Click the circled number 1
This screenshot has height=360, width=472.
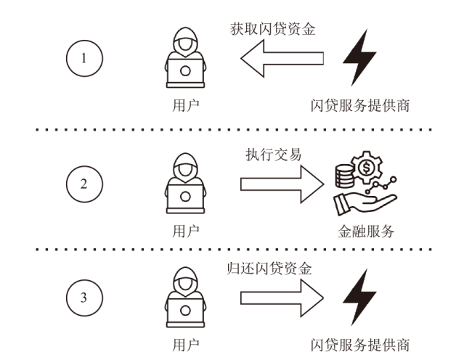pyautogui.click(x=84, y=58)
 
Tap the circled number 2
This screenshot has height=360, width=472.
pyautogui.click(x=84, y=184)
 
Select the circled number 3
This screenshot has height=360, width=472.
pyautogui.click(x=84, y=298)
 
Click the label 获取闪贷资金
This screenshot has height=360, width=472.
pyautogui.click(x=273, y=30)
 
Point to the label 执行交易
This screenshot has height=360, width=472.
pyautogui.click(x=273, y=155)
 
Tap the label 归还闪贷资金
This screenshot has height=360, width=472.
pyautogui.click(x=269, y=269)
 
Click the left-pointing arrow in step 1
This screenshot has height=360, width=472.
pyautogui.click(x=282, y=58)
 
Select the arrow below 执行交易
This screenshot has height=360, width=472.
pyautogui.click(x=282, y=184)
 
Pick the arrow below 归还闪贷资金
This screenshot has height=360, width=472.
pyautogui.click(x=282, y=298)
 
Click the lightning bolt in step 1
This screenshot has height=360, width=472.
pyautogui.click(x=359, y=57)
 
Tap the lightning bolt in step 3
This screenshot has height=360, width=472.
pyautogui.click(x=359, y=297)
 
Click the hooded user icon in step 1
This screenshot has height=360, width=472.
pyautogui.click(x=185, y=57)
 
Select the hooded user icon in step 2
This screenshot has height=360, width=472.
pyautogui.click(x=185, y=183)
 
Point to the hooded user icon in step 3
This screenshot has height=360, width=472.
pyautogui.click(x=185, y=297)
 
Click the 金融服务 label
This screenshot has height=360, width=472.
pyautogui.click(x=366, y=232)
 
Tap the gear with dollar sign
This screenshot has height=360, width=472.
pyautogui.click(x=367, y=167)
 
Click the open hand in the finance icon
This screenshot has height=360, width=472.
pyautogui.click(x=365, y=205)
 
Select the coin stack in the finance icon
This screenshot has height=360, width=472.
pyautogui.click(x=345, y=176)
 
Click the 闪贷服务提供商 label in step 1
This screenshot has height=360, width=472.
pyautogui.click(x=360, y=106)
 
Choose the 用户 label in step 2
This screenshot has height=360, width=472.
pyautogui.click(x=186, y=232)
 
